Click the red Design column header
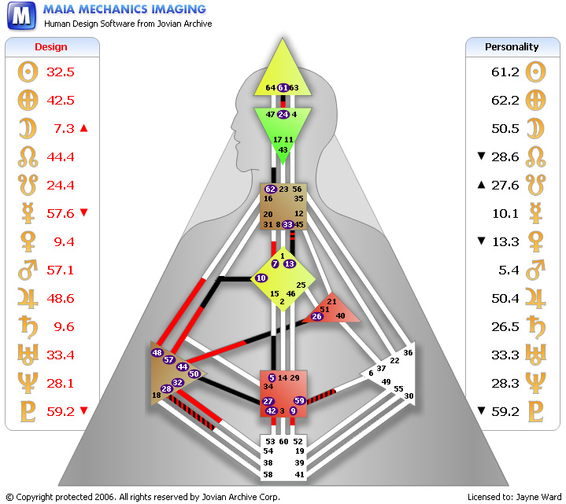tap(52, 47)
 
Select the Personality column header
tap(512, 47)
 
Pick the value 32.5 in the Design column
tap(60, 72)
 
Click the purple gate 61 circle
tap(283, 87)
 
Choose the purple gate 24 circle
tap(283, 115)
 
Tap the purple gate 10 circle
tap(261, 278)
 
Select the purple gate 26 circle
tap(316, 316)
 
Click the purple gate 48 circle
tap(157, 353)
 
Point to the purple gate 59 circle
tap(299, 401)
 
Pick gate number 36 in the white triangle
tap(408, 353)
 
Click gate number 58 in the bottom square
tap(268, 475)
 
